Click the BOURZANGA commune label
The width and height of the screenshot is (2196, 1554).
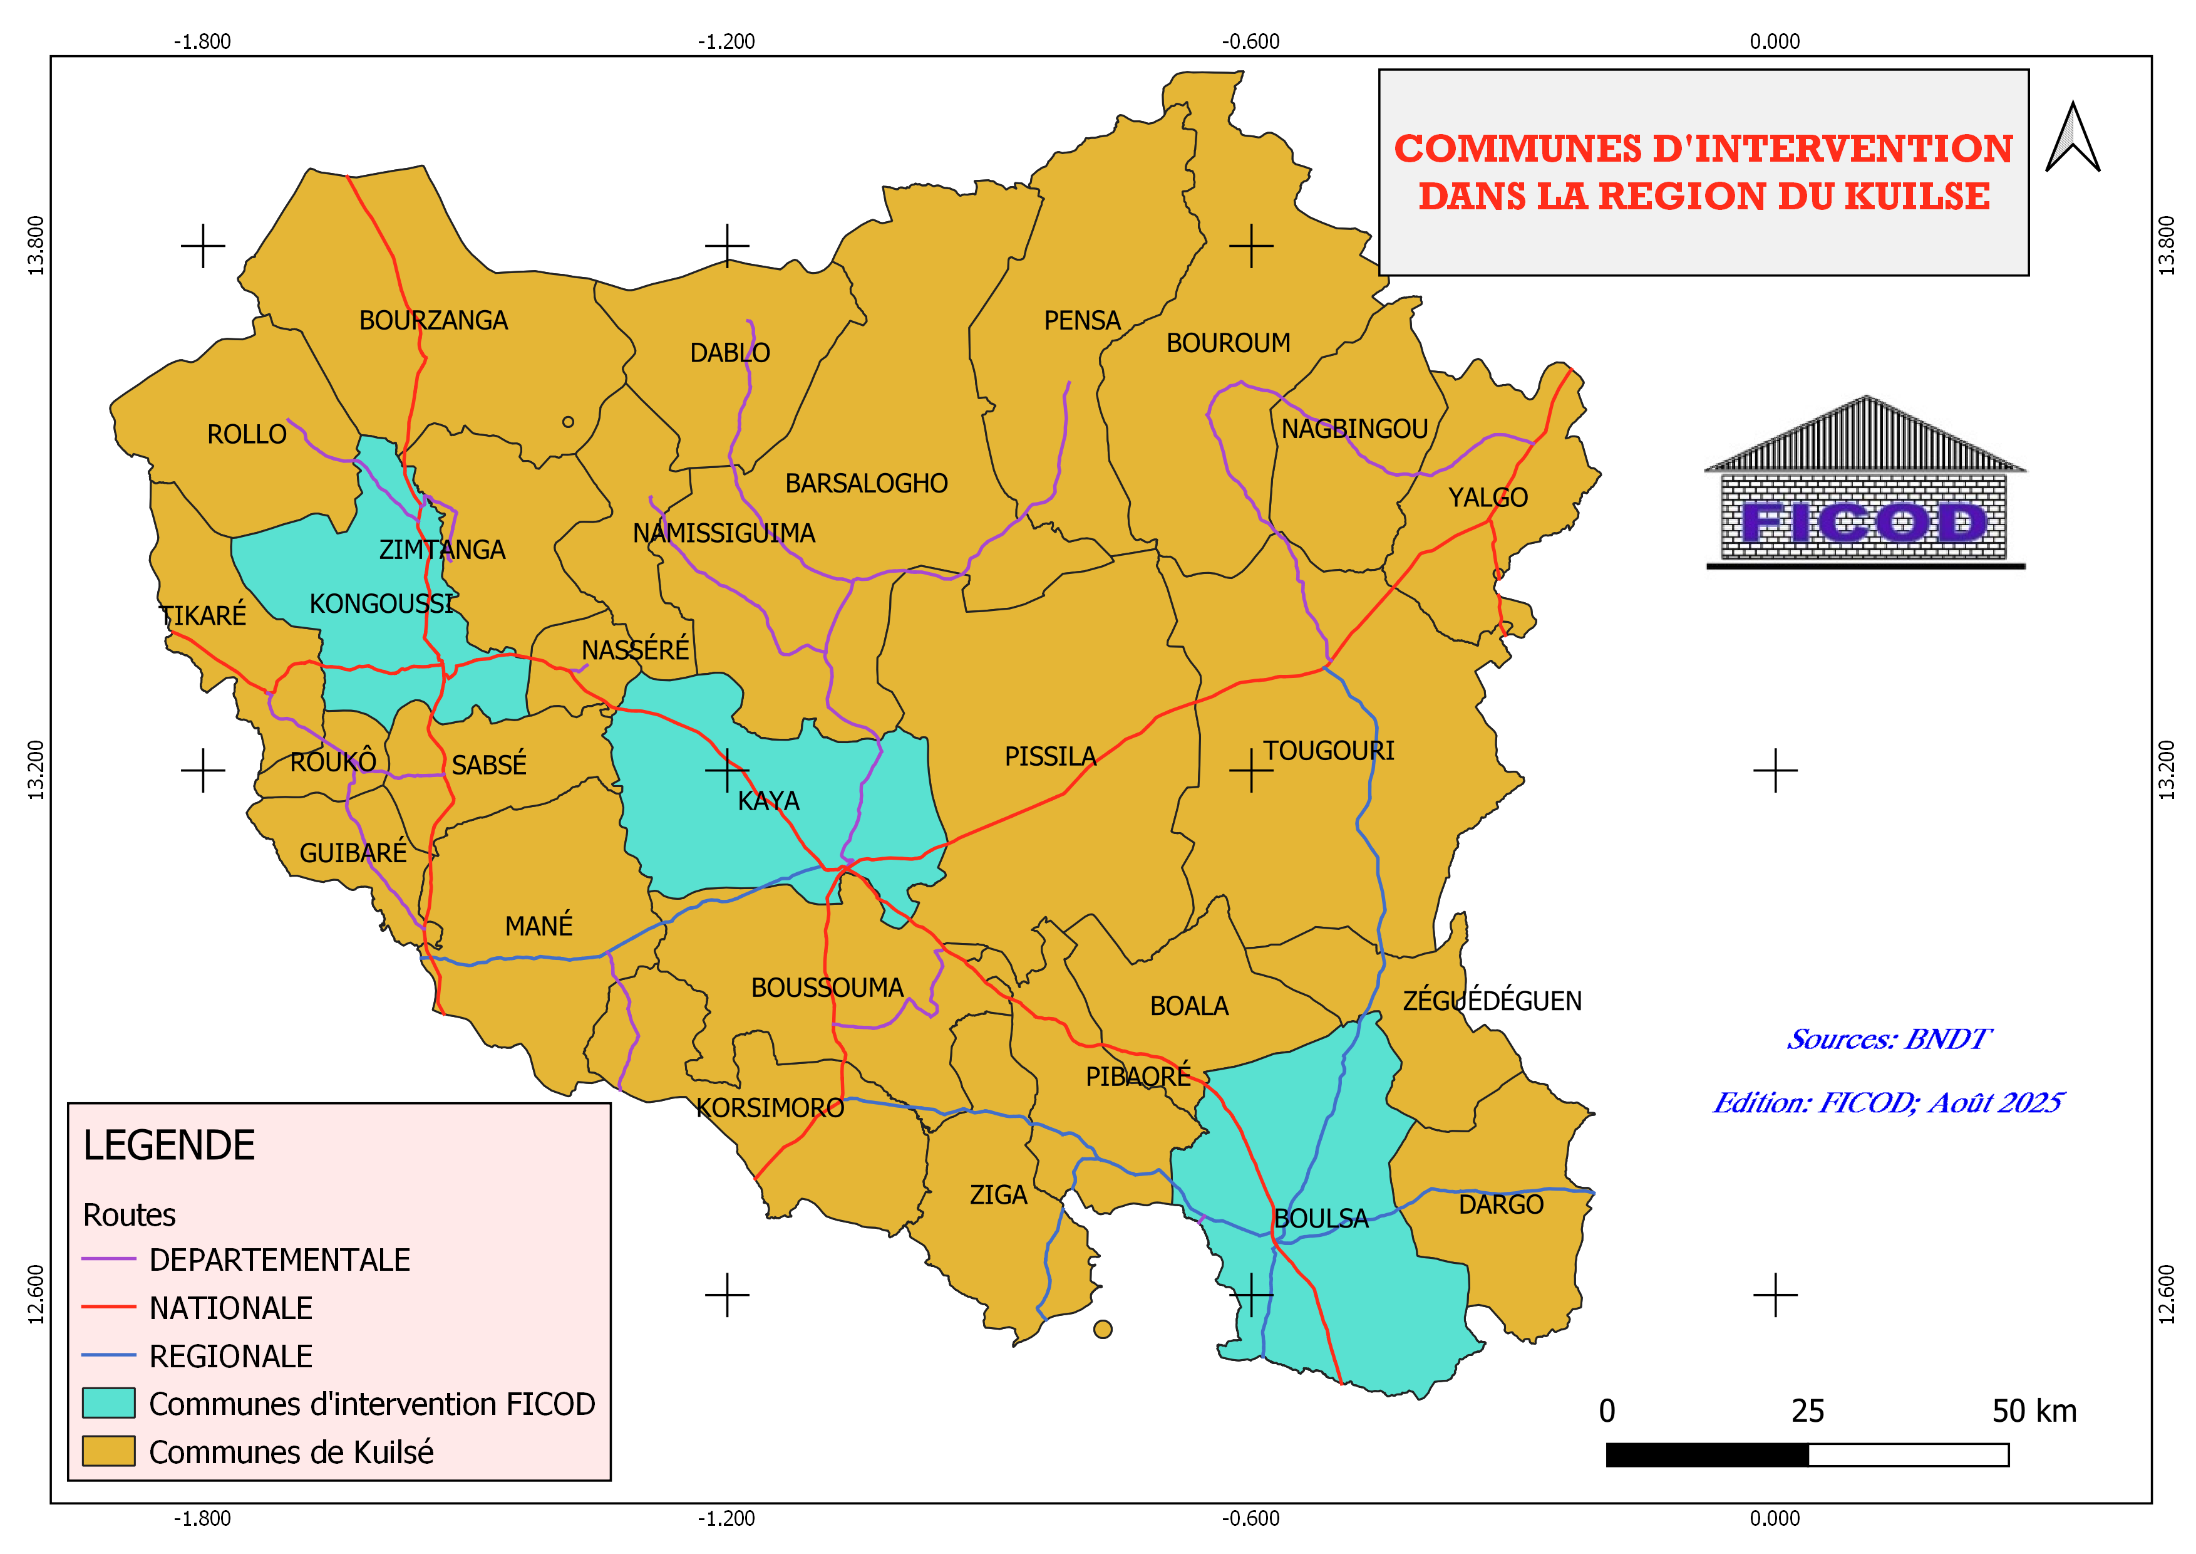(433, 321)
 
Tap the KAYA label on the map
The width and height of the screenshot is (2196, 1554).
(768, 801)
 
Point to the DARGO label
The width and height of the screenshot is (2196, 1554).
(1501, 1205)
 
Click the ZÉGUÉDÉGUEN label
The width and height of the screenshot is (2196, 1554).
(1492, 1001)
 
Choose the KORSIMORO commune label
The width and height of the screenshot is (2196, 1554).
(770, 1108)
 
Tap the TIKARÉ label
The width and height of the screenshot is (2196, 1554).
(203, 615)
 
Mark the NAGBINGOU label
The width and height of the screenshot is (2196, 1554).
(1354, 429)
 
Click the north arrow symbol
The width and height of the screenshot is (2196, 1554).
(2073, 138)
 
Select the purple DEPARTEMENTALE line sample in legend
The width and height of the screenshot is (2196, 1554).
(108, 1259)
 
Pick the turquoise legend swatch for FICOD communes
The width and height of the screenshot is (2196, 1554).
(108, 1403)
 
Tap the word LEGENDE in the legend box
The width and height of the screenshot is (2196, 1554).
(169, 1145)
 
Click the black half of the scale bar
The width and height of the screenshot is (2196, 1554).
(1707, 1454)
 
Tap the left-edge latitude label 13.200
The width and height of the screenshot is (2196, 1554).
(36, 769)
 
